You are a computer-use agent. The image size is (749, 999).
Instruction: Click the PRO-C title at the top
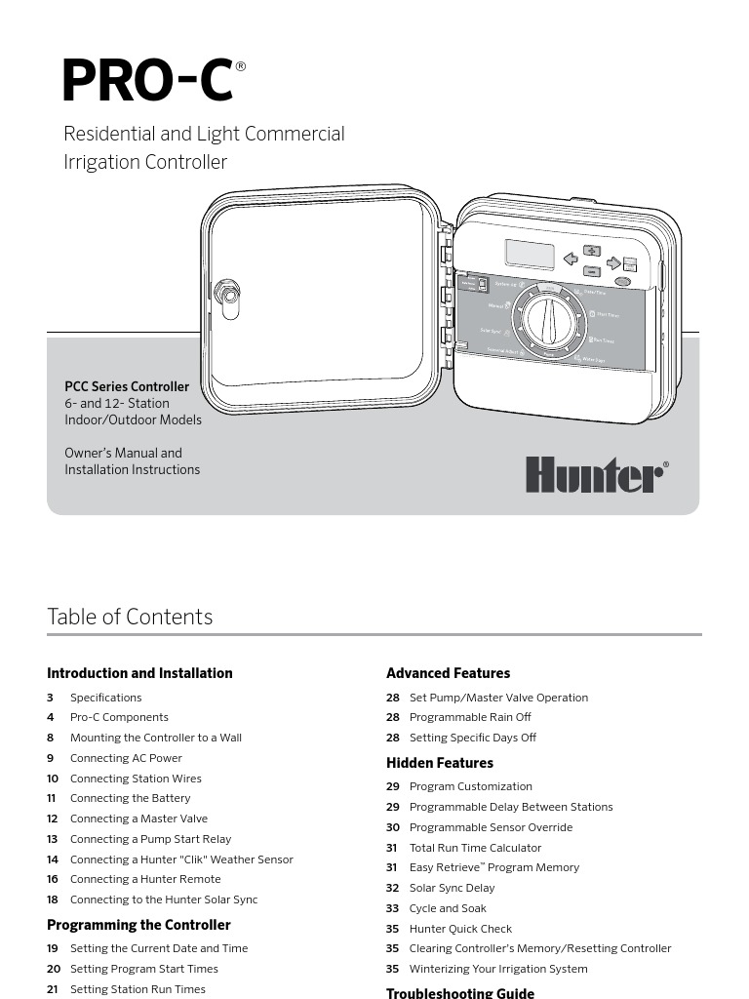[x=148, y=82]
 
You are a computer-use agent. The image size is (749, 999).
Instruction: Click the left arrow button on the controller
[x=571, y=260]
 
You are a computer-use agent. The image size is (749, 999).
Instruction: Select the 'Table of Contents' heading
[x=130, y=617]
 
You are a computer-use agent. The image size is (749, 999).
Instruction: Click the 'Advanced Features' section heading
[x=448, y=673]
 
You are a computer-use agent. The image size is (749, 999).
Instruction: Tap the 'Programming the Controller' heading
[x=138, y=925]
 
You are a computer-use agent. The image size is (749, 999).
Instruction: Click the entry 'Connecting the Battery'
[x=130, y=798]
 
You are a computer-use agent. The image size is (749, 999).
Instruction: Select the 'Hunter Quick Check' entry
[x=460, y=929]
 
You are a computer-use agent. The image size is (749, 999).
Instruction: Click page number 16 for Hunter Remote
[x=53, y=879]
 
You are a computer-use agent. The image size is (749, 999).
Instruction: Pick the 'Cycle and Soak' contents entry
[x=449, y=908]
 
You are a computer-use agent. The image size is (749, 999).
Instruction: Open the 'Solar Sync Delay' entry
[x=452, y=888]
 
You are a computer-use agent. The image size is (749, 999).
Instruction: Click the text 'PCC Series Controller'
[x=127, y=386]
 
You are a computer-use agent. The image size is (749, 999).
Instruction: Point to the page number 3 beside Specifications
[x=50, y=698]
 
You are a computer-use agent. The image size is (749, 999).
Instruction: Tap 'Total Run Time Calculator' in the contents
[x=475, y=848]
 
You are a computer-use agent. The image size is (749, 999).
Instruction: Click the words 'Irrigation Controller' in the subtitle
[x=145, y=162]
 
